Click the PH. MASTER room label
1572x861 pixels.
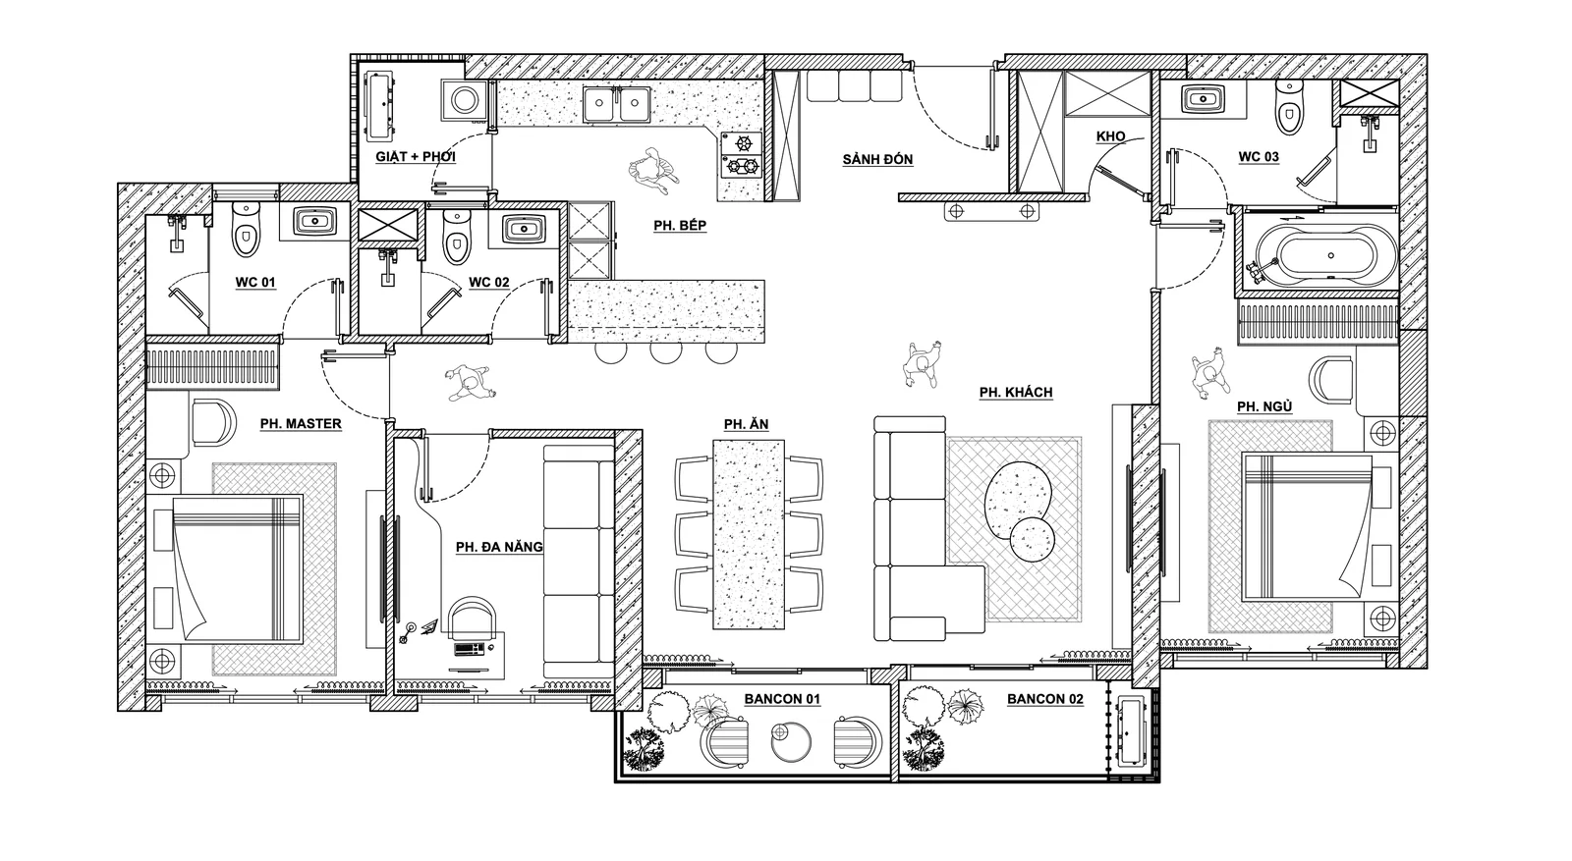tap(301, 424)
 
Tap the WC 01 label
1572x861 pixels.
tap(255, 283)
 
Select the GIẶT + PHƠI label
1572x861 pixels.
tap(416, 156)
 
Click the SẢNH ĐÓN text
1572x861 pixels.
tap(878, 160)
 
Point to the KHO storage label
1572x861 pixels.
tap(1111, 136)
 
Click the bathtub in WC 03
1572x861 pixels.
tap(1317, 255)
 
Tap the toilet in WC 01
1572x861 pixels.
tap(246, 229)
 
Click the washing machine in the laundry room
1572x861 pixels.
tap(463, 100)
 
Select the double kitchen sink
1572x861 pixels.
tap(617, 104)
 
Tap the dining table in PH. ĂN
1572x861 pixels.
tap(749, 534)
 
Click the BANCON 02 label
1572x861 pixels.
tap(1045, 700)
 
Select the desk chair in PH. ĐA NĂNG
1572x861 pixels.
tap(473, 619)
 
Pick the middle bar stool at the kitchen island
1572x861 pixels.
tap(666, 352)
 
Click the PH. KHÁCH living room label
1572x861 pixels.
tap(1016, 393)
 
